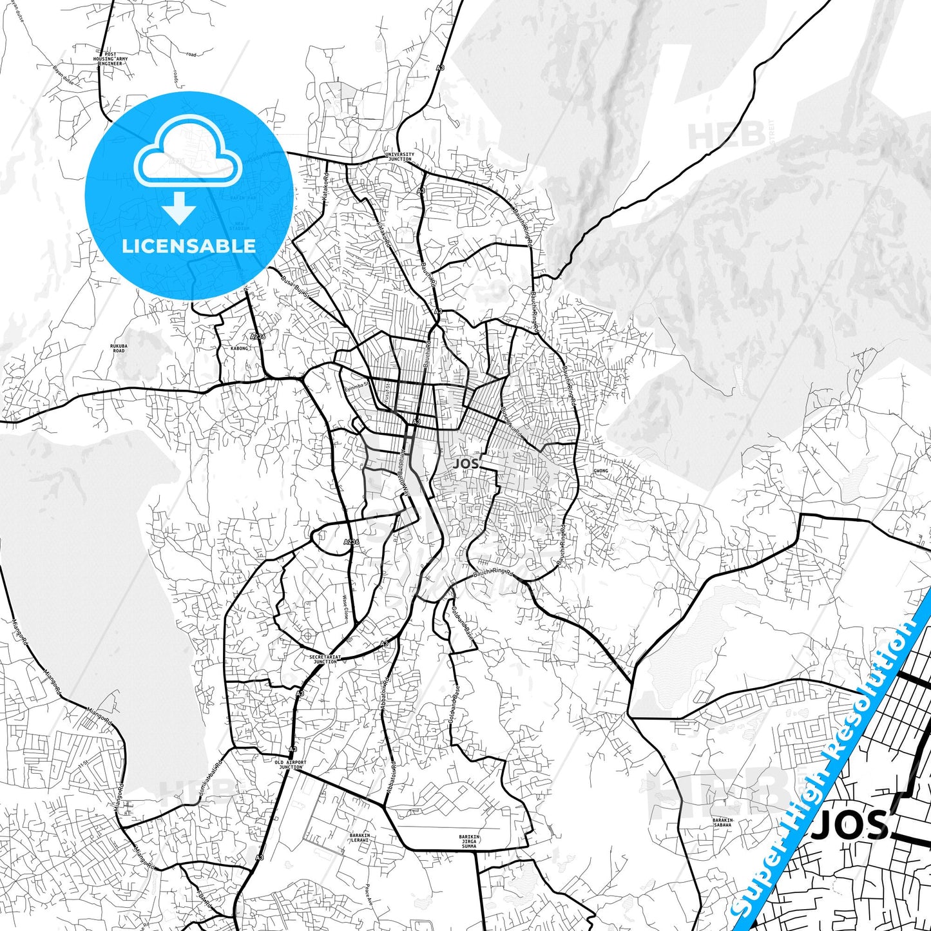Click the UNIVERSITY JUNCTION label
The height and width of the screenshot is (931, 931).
(x=399, y=157)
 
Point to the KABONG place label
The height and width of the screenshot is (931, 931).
(x=239, y=348)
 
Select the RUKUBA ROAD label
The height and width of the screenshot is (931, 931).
(x=119, y=348)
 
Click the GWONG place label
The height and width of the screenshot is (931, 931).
(x=600, y=471)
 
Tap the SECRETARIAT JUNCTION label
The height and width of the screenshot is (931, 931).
(x=325, y=659)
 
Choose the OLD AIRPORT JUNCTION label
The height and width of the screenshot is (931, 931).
(x=291, y=765)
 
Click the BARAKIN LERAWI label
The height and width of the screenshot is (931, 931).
(x=360, y=838)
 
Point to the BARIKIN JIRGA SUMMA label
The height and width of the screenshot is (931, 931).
(x=469, y=841)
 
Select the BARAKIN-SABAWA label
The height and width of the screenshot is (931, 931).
(x=722, y=822)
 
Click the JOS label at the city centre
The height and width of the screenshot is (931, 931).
(x=466, y=463)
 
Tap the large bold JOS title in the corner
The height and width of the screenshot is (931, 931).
(x=850, y=825)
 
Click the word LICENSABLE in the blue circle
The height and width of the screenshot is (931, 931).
(x=189, y=245)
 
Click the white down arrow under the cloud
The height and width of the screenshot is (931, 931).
(x=179, y=207)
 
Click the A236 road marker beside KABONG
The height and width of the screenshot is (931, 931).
(x=257, y=336)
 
